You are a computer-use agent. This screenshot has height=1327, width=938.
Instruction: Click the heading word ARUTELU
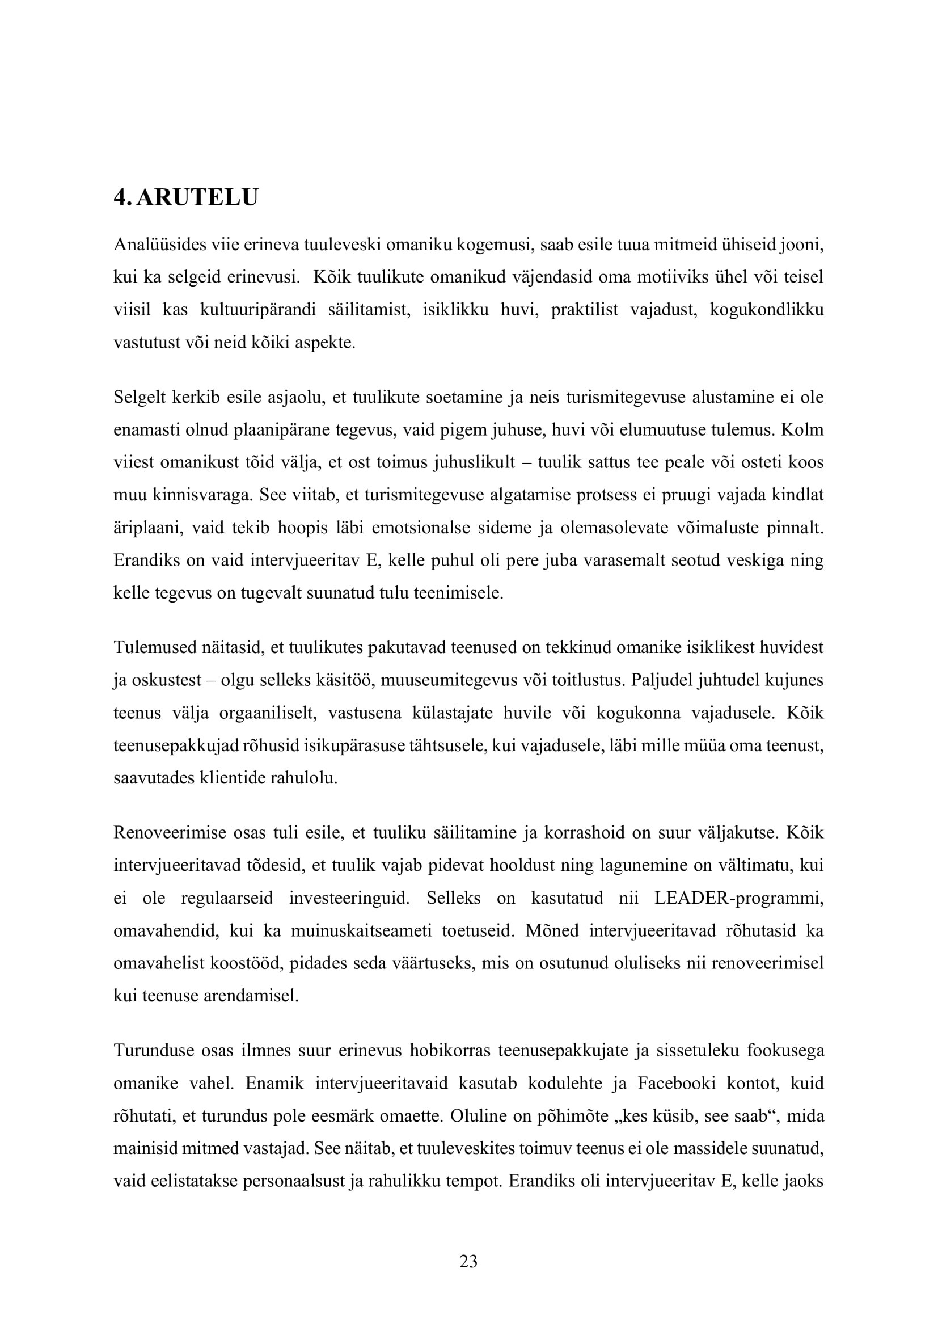197,197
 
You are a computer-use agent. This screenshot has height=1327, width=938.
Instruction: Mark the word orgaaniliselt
268,713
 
